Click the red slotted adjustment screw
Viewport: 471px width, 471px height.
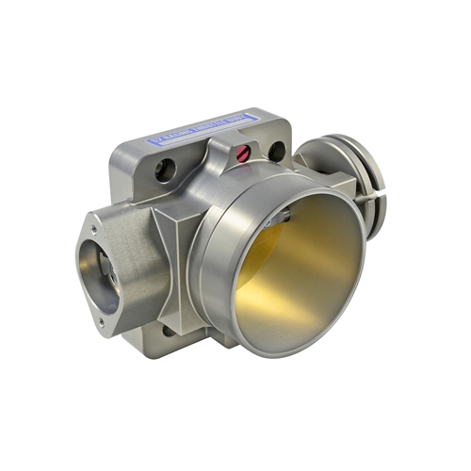[248, 151]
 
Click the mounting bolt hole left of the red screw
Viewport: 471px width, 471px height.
[165, 171]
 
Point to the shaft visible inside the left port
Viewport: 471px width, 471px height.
[104, 283]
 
